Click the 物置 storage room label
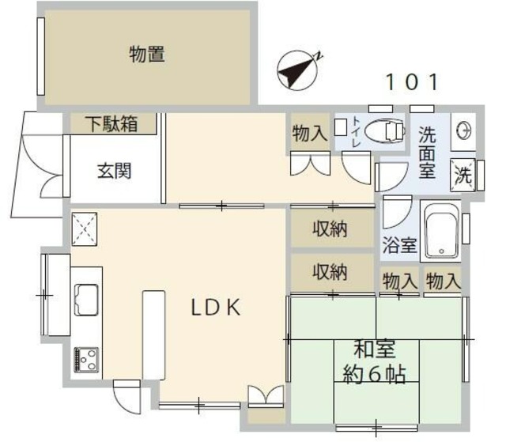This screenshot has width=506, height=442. pyautogui.click(x=147, y=55)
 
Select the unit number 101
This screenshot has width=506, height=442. pyautogui.click(x=411, y=81)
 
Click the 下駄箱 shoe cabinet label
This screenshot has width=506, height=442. pyautogui.click(x=111, y=124)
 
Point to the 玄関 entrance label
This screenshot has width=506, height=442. pyautogui.click(x=114, y=169)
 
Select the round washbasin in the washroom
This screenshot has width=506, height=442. pyautogui.click(x=463, y=131)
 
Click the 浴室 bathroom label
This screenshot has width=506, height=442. pyautogui.click(x=400, y=245)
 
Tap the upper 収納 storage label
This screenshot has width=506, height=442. pyautogui.click(x=330, y=230)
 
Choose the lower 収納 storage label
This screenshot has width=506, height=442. pyautogui.click(x=330, y=272)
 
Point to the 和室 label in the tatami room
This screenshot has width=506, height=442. pyautogui.click(x=374, y=349)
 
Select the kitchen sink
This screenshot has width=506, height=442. pyautogui.click(x=86, y=301)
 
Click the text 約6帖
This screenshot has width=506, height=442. pyautogui.click(x=374, y=373)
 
